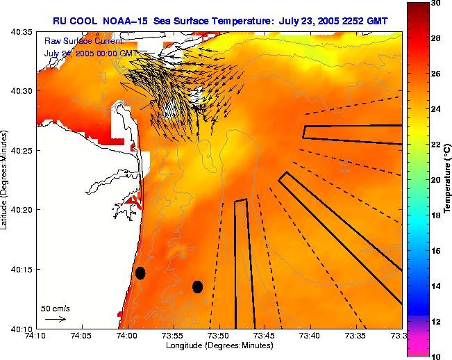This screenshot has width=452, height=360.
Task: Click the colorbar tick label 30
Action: [x=434, y=3]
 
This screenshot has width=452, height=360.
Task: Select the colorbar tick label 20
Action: [x=434, y=179]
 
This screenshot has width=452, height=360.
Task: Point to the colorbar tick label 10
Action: [x=434, y=356]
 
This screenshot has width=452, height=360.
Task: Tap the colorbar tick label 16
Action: [x=434, y=250]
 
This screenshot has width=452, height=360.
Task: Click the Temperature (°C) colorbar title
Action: [x=448, y=179]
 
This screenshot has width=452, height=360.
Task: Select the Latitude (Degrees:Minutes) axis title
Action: [x=6, y=179]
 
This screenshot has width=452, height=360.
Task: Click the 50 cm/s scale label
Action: [x=55, y=308]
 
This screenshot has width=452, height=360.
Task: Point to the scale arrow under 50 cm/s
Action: [x=55, y=319]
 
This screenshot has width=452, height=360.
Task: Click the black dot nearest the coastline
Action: [x=140, y=273]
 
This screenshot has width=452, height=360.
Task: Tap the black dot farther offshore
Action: [x=197, y=286]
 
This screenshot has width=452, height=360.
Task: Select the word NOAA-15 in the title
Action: [x=121, y=21]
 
